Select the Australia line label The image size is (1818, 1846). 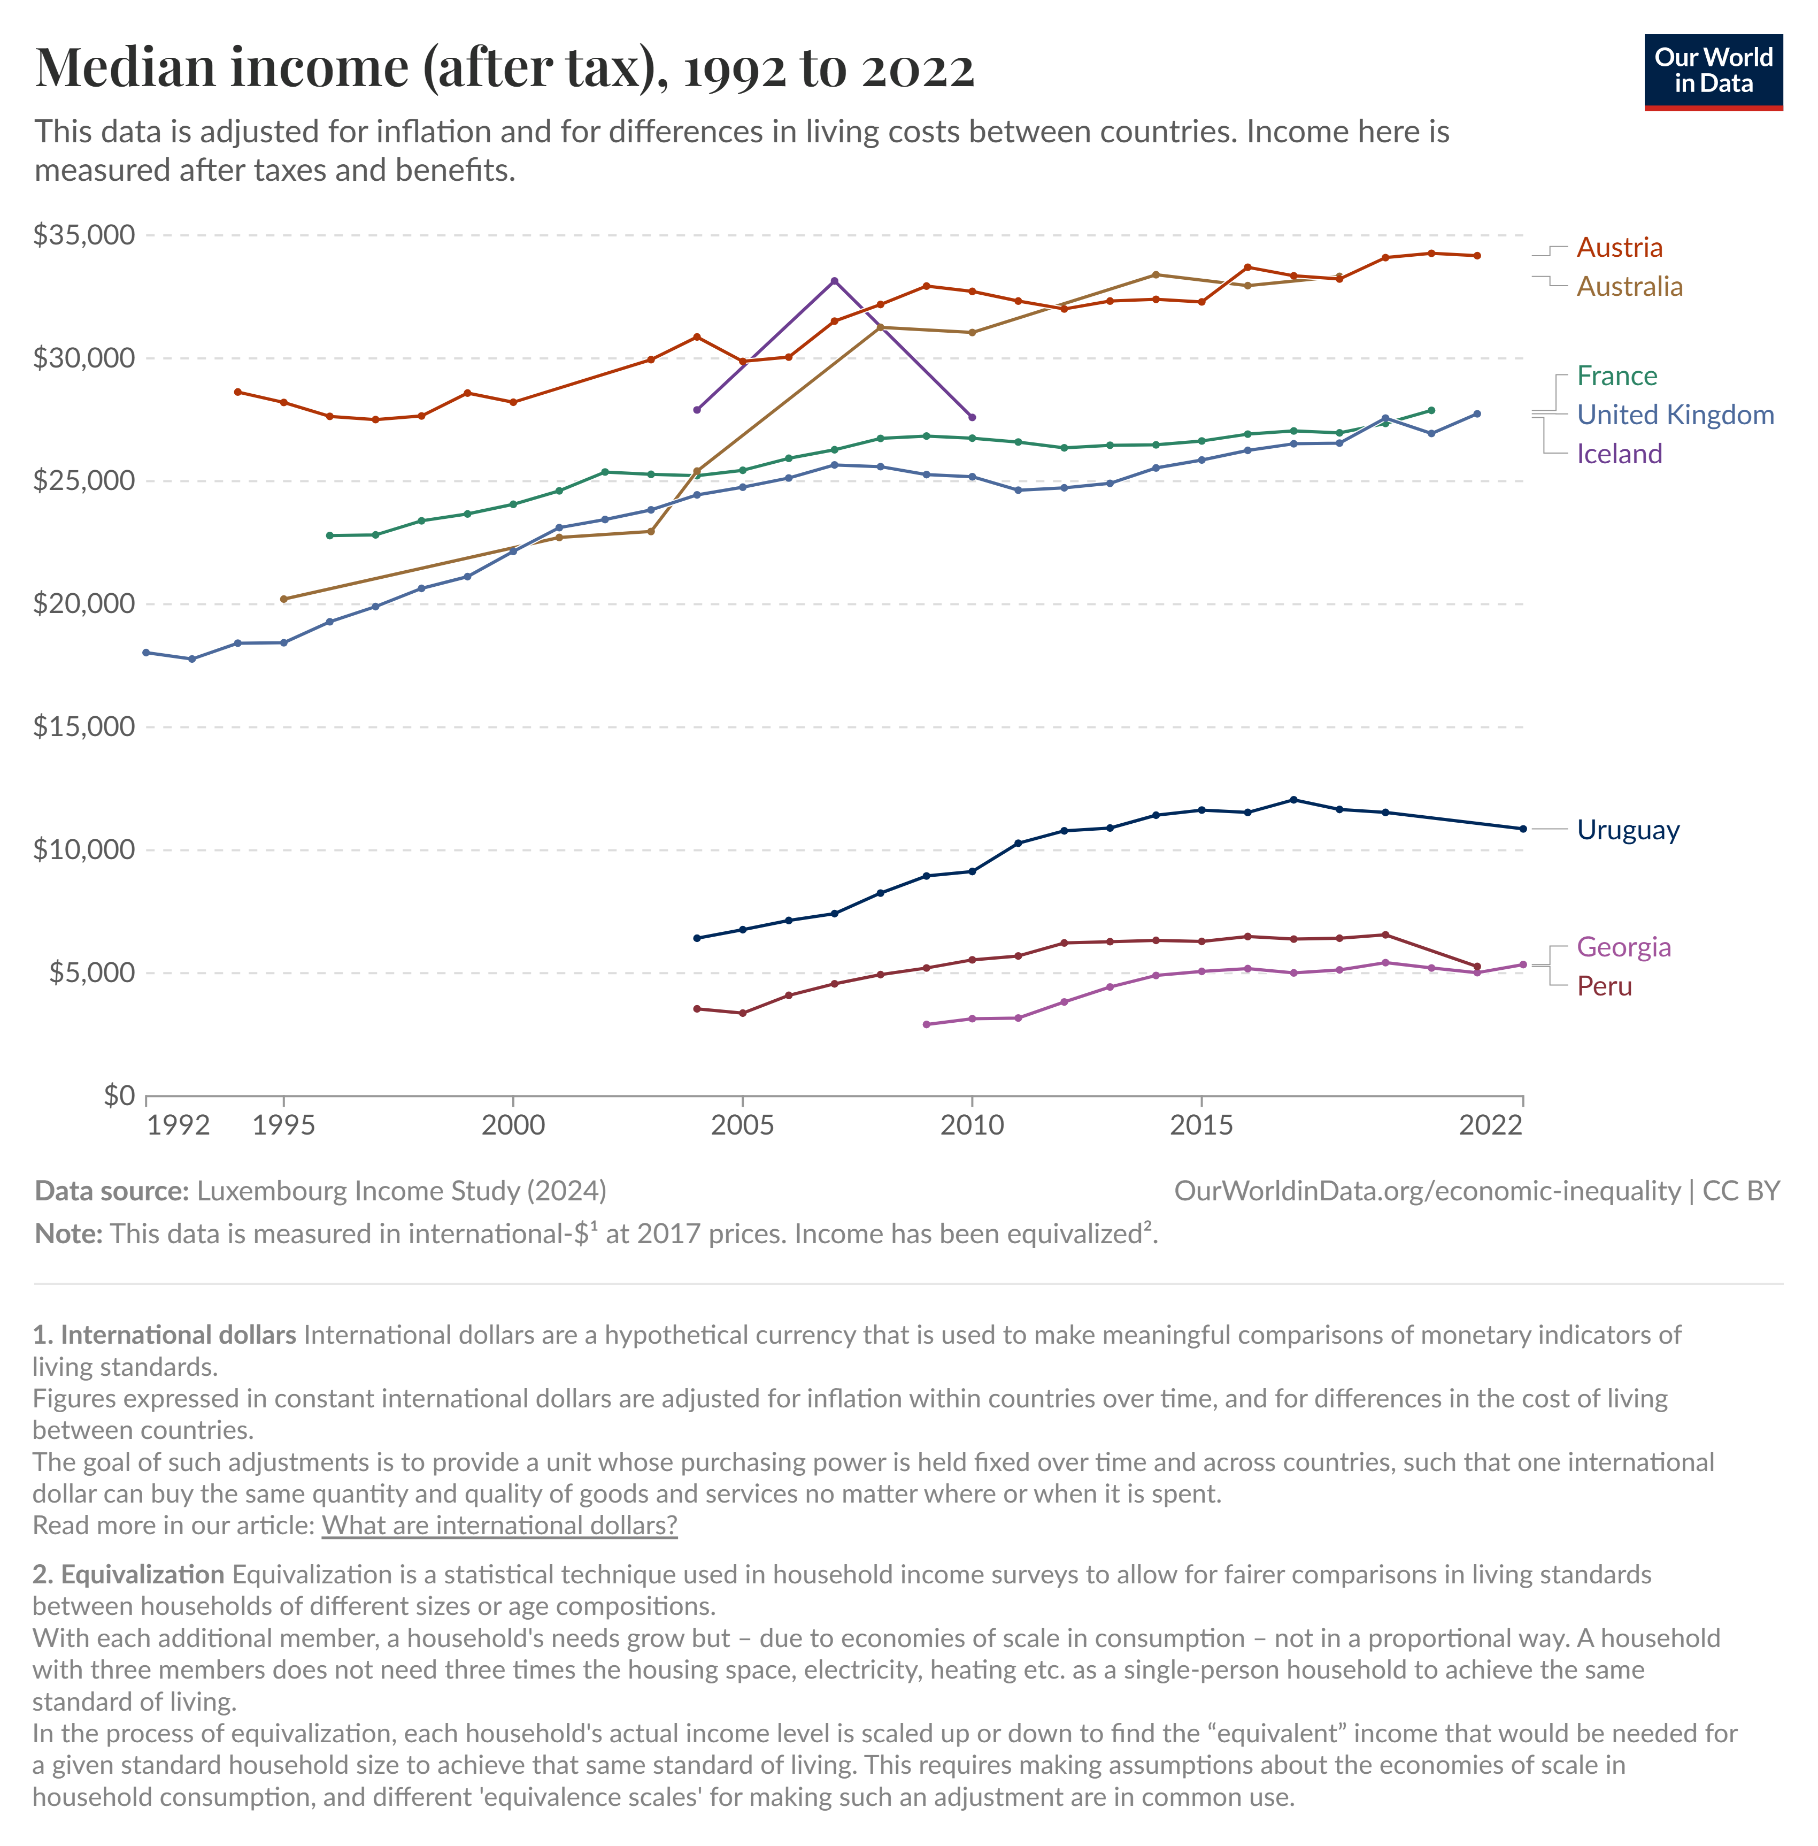(1629, 287)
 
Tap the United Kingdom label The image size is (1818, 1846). (1675, 415)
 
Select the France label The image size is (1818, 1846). (1616, 376)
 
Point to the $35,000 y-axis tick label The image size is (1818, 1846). (84, 235)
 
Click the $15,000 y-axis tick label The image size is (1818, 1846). (84, 727)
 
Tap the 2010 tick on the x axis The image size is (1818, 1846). (972, 1125)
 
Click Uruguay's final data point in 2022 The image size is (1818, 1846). (1522, 829)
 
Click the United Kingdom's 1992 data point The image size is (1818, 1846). (146, 652)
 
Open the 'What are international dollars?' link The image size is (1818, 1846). (499, 1525)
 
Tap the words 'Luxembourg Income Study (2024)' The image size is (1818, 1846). (401, 1191)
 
